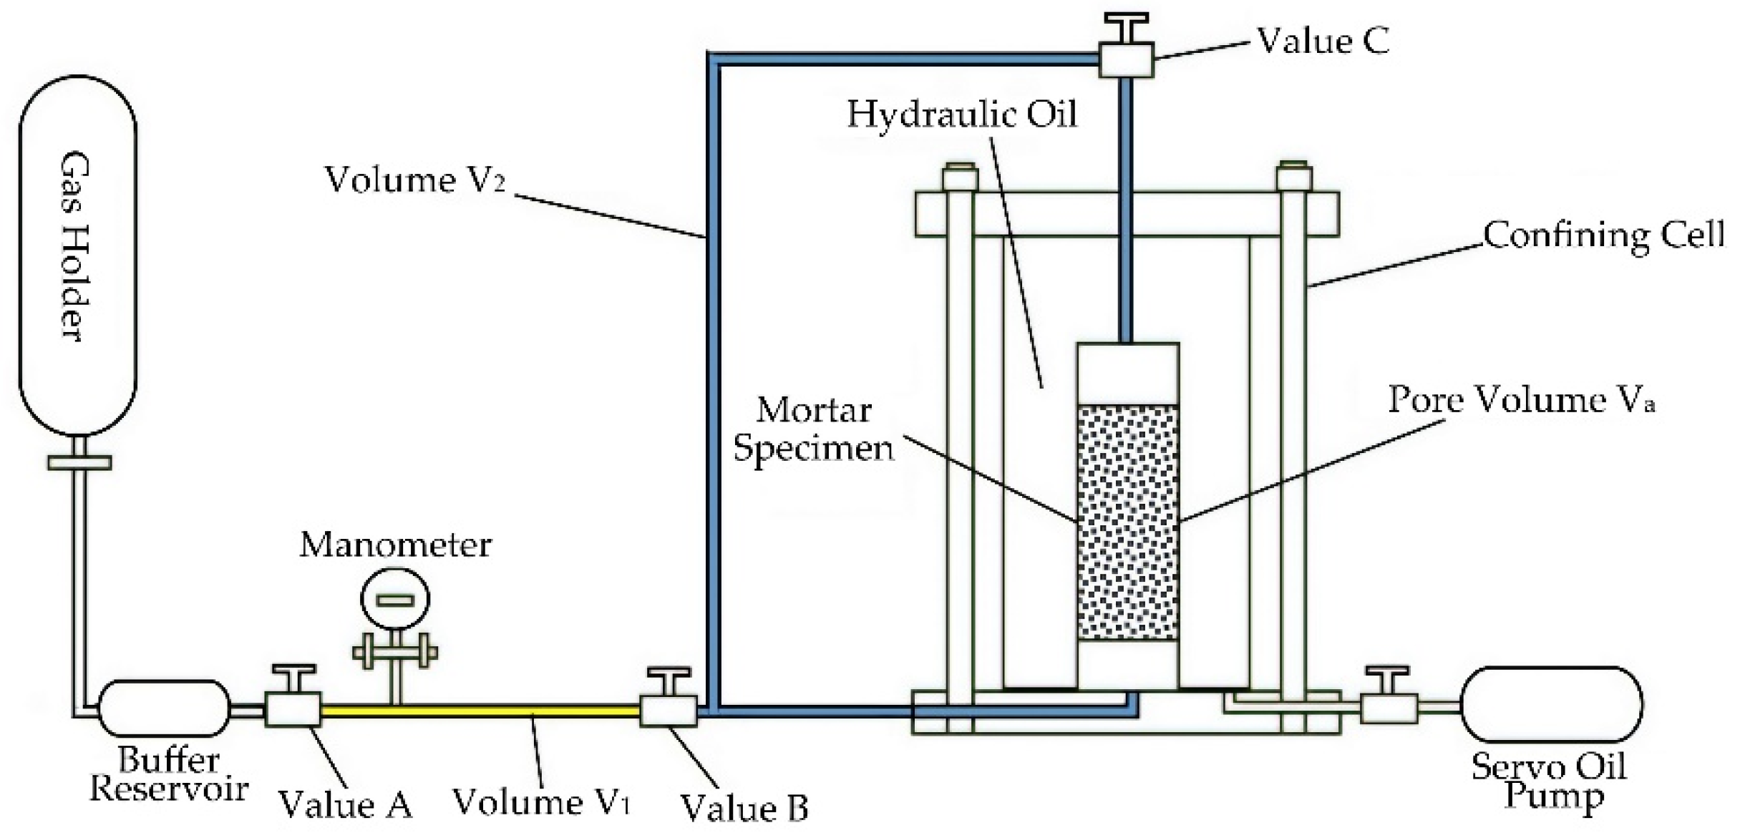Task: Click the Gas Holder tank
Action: pyautogui.click(x=77, y=254)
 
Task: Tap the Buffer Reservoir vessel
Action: pyautogui.click(x=164, y=708)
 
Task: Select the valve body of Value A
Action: pyautogui.click(x=293, y=709)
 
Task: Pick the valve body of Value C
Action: pyautogui.click(x=1126, y=59)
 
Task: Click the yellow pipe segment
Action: pyautogui.click(x=480, y=711)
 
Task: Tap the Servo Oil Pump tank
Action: pyautogui.click(x=1551, y=704)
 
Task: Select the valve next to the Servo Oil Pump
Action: pyautogui.click(x=1388, y=708)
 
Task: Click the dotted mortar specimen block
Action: pyautogui.click(x=1127, y=522)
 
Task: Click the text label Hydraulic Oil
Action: pyautogui.click(x=961, y=115)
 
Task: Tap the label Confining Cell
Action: pyautogui.click(x=1603, y=235)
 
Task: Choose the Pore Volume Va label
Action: pyautogui.click(x=1521, y=399)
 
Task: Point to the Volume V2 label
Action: pyautogui.click(x=415, y=180)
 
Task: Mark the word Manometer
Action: pyautogui.click(x=395, y=545)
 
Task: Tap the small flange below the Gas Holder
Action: pyautogui.click(x=79, y=462)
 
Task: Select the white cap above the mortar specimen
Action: pyautogui.click(x=1127, y=374)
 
